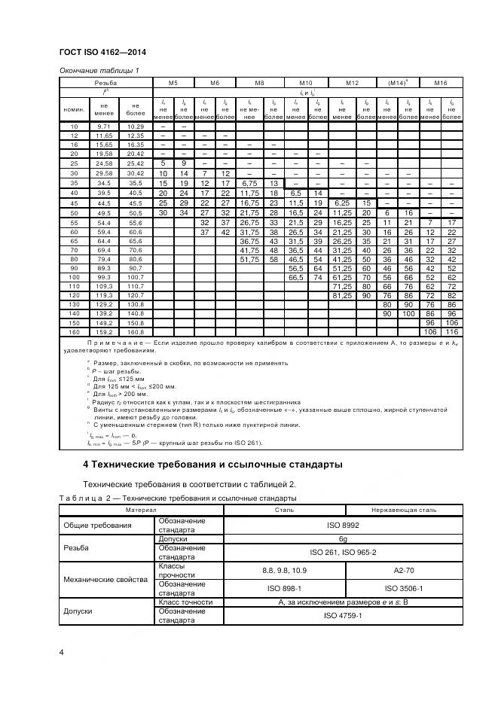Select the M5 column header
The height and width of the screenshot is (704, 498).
pos(173,83)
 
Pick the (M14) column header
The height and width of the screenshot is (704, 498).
pos(397,83)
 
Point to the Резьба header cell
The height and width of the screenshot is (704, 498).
pos(105,83)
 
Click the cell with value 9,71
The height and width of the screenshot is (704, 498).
pos(104,126)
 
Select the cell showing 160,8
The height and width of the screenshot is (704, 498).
pos(135,331)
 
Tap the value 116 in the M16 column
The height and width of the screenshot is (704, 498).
pos(451,331)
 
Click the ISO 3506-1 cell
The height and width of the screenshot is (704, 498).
pos(400,588)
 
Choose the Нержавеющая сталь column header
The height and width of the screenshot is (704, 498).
pos(400,510)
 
